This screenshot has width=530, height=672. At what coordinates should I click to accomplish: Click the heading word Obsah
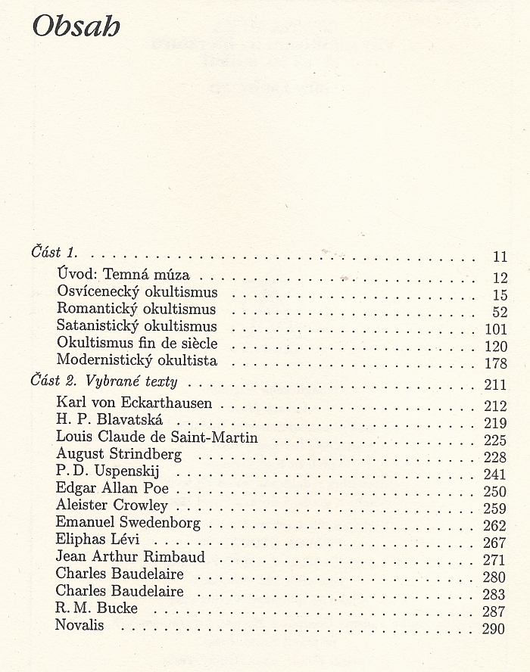coord(76,28)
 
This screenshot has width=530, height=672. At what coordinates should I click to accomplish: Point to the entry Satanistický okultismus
coord(136,326)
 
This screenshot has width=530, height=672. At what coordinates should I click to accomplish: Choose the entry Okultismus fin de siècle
coord(137,343)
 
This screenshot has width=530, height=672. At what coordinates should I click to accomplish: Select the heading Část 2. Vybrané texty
coord(103,381)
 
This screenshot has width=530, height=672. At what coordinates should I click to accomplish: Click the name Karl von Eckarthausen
coord(133,403)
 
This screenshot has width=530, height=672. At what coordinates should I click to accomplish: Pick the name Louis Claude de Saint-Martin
coord(157,437)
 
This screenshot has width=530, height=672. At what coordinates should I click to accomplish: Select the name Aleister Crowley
coord(111,505)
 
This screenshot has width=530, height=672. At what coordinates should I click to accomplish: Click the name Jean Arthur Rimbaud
coord(129,557)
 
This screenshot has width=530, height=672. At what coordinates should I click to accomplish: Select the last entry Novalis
coord(79,625)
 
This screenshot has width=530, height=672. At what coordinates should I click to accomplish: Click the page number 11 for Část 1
coord(500,256)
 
